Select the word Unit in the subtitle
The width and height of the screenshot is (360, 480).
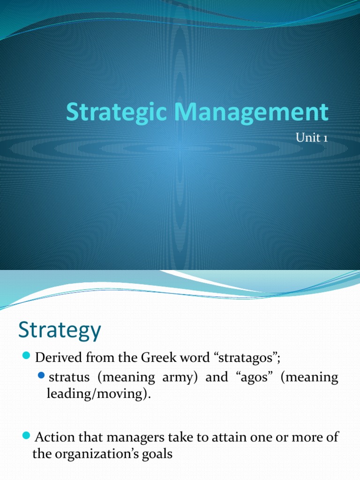[x=307, y=138]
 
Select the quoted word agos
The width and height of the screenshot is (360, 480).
[x=252, y=378]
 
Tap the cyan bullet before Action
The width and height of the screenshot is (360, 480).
[x=27, y=437]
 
